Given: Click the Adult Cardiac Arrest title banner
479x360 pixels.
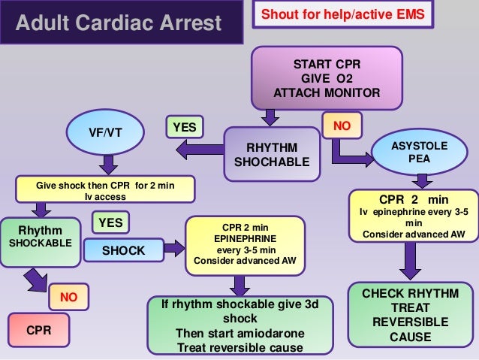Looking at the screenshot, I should pos(121,22).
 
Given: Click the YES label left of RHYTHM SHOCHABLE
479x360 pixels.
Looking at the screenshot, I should pos(184,128).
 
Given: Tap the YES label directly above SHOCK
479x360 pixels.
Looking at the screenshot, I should pos(110,222).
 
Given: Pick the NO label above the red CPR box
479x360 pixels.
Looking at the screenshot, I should pos(69,296).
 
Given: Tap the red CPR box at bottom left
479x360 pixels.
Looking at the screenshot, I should pos(38,329).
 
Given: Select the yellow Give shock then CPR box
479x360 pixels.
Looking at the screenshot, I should pos(105,189).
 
